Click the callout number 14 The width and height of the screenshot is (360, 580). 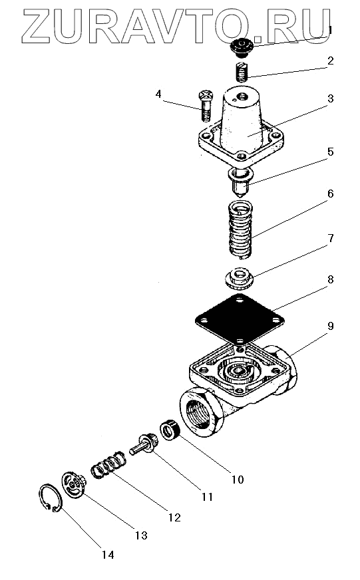(108, 555)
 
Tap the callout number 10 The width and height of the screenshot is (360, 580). (238, 480)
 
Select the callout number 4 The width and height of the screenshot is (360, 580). (158, 94)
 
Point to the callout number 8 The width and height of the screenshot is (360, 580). (331, 279)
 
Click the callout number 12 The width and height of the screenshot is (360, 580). (174, 517)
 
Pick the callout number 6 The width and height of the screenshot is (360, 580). (331, 194)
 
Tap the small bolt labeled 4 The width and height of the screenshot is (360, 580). (206, 105)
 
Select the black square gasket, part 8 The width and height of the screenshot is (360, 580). (240, 318)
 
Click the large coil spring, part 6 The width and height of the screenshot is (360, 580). (240, 229)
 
